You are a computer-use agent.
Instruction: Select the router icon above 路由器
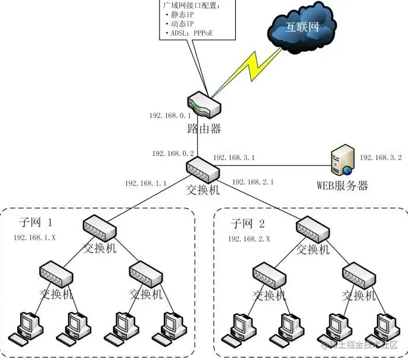203,105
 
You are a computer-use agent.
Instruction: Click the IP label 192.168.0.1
170,115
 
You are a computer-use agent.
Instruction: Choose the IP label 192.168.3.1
233,158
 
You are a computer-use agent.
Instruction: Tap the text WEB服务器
342,186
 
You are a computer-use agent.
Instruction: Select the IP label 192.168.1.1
146,183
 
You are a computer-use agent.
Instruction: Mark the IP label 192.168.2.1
253,181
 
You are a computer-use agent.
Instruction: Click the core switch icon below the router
203,168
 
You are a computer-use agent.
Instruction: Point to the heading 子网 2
250,223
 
